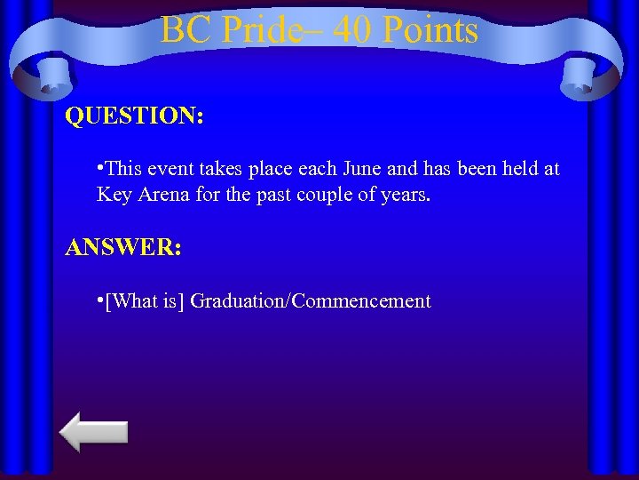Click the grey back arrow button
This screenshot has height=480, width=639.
[93, 432]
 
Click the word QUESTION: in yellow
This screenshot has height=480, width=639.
[134, 117]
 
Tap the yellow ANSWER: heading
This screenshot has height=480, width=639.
[123, 247]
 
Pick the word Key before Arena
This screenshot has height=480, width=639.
[114, 194]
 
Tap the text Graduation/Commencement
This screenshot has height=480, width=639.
[311, 301]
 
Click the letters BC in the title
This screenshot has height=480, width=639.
[184, 31]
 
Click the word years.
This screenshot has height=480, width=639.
[405, 194]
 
